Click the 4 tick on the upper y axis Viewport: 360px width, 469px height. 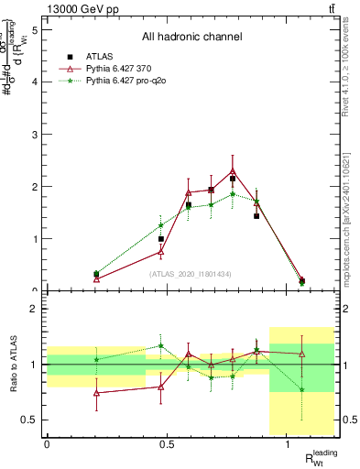35,82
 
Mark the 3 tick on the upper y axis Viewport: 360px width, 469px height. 35,134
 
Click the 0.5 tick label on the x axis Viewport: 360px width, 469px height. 167,444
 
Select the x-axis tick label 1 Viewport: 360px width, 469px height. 288,444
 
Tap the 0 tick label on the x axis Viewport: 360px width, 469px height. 47,444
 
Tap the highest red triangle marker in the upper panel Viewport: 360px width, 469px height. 233,171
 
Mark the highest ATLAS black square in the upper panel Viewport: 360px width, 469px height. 233,179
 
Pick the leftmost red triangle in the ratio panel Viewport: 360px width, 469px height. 97,393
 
